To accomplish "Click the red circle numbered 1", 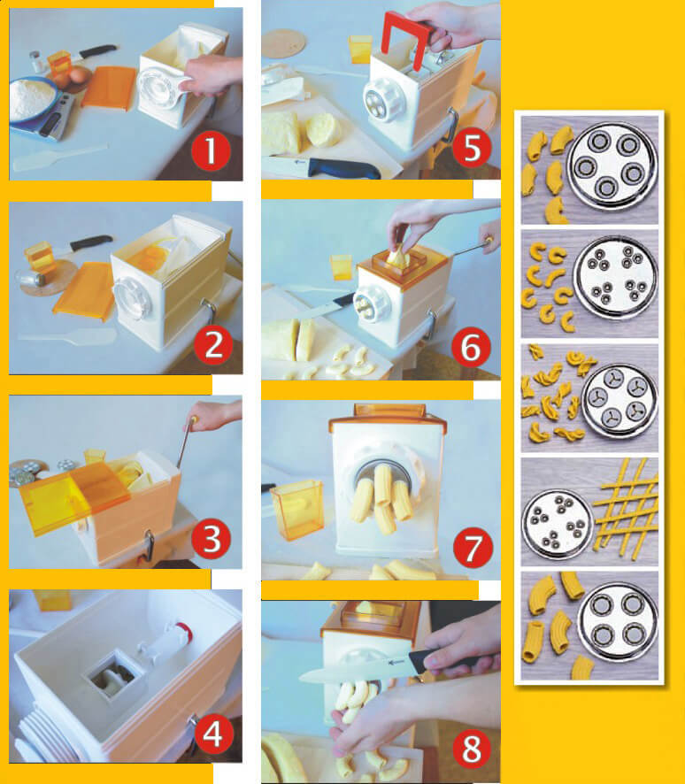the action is [x=211, y=150].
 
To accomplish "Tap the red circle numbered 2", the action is [x=213, y=345].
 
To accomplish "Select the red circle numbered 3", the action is [x=211, y=539].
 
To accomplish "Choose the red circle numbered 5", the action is [x=472, y=148].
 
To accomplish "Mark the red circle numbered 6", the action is [x=471, y=347].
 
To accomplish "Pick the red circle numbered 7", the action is [x=473, y=547].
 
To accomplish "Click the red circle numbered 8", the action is [x=472, y=749].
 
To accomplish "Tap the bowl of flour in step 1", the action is [x=33, y=99].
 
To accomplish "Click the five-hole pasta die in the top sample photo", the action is [x=612, y=165].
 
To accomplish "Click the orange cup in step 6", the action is [x=342, y=267].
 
